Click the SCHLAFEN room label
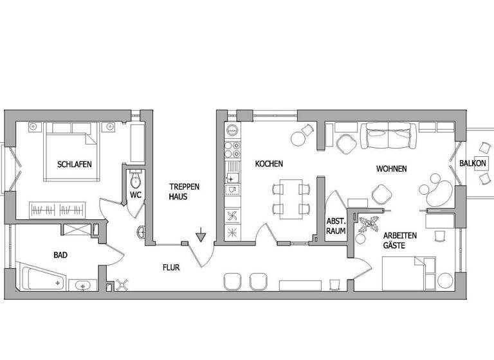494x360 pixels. pos(75,165)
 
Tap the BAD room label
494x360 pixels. pos(60,255)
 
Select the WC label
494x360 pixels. pos(136,194)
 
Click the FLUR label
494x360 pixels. pos(171,267)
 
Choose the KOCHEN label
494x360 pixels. pos(269,164)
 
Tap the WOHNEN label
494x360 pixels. pos(391,169)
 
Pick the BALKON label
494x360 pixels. pos(473,164)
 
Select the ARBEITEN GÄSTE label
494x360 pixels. pos(400,240)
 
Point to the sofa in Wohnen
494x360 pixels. pos(388,136)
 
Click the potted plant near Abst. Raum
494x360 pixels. pos(371,226)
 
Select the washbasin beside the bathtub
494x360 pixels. pos(82,285)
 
